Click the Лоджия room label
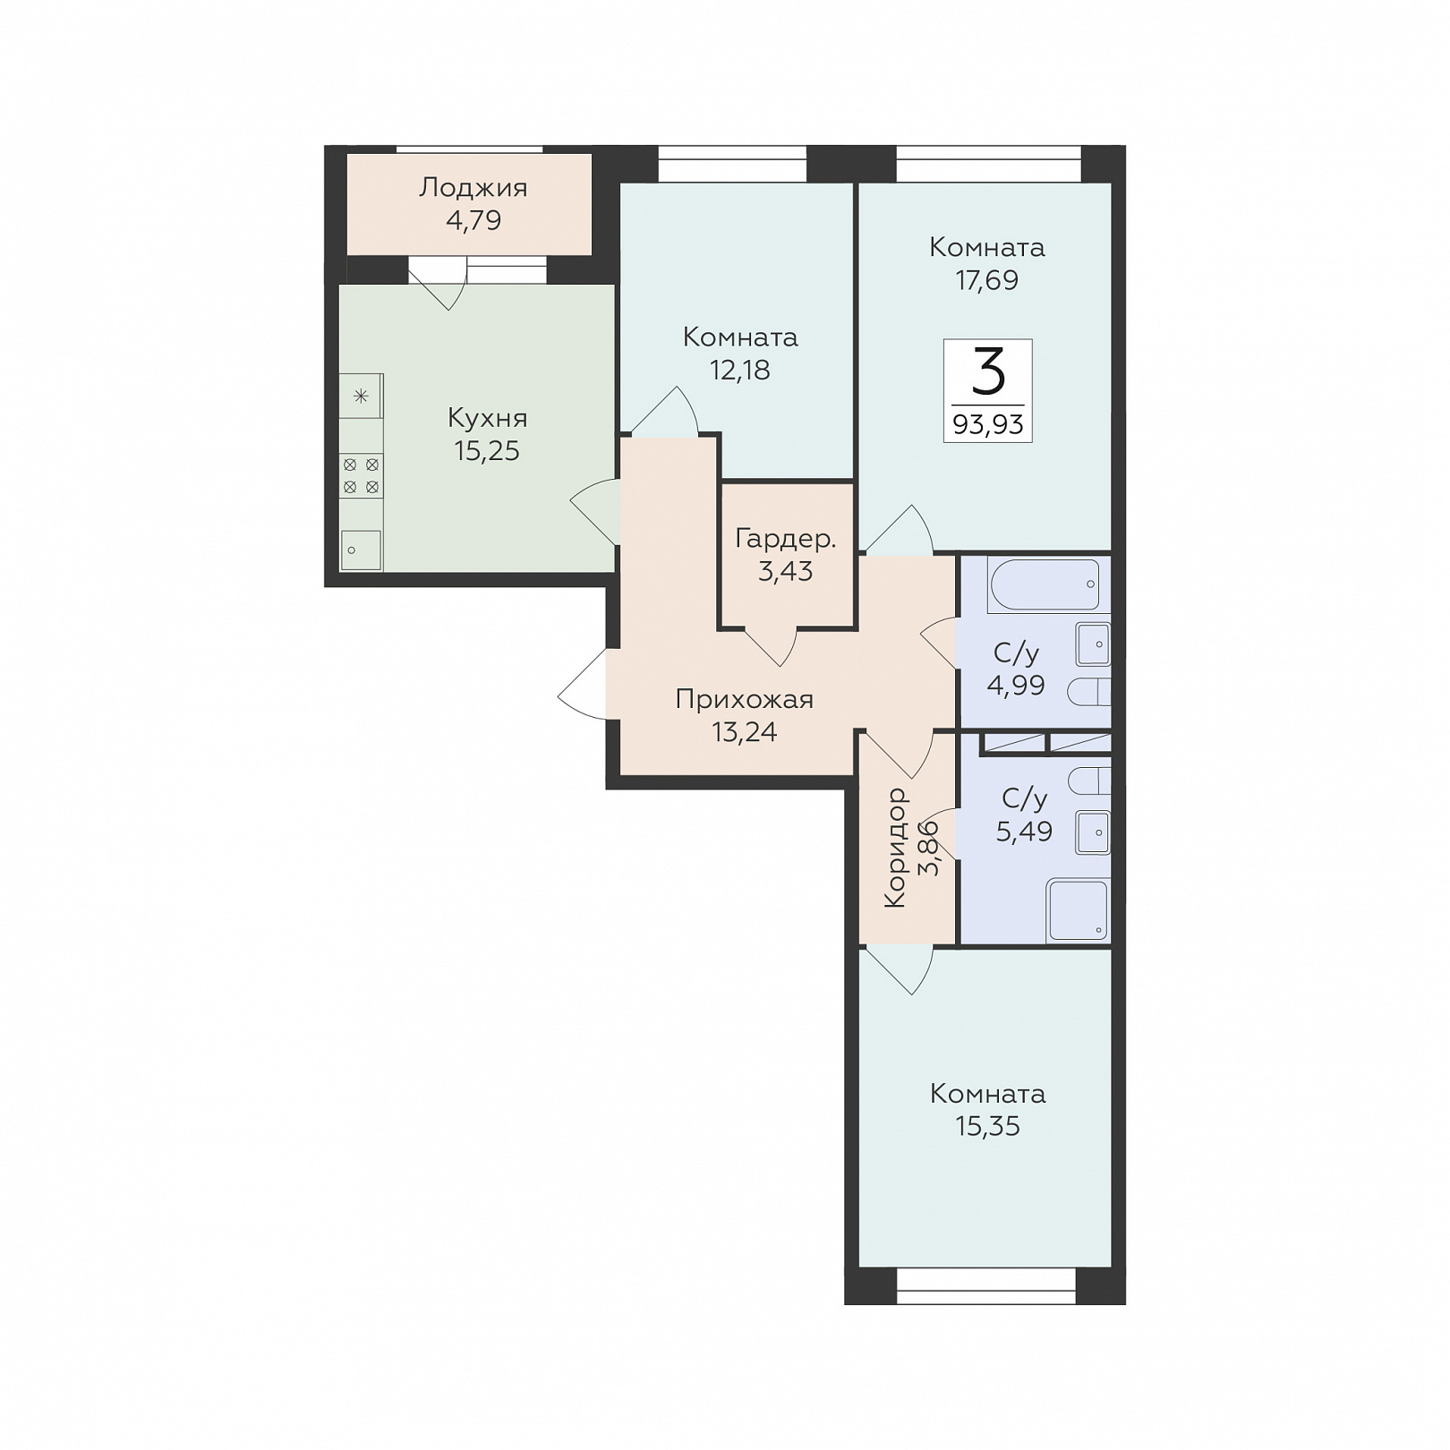(x=473, y=188)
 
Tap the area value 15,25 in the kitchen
(x=487, y=450)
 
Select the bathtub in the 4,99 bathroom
(x=1045, y=585)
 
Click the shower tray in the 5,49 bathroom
(x=1078, y=910)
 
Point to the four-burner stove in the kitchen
(x=362, y=476)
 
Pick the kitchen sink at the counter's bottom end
(x=362, y=550)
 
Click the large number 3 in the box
(x=988, y=372)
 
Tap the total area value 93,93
(x=988, y=424)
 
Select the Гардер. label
(x=786, y=539)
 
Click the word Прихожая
(x=745, y=699)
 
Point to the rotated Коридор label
(x=895, y=848)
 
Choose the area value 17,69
(x=987, y=280)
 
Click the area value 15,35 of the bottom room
(x=988, y=1126)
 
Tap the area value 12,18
(x=740, y=370)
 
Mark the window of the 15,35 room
(x=985, y=1285)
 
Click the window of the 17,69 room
(x=989, y=165)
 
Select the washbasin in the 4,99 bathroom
(x=1094, y=644)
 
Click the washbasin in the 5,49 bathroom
(x=1094, y=832)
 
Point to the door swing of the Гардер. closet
(x=771, y=647)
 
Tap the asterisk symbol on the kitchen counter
(x=361, y=396)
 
